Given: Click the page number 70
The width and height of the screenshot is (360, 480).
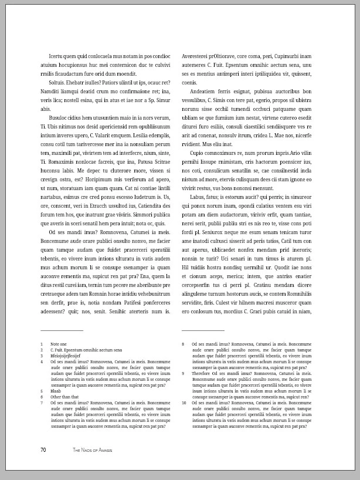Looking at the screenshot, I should pos(43,450).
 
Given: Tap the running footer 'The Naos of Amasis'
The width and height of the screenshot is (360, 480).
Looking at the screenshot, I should pos(92,450).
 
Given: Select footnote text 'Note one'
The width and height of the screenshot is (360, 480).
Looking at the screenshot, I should pos(59,343).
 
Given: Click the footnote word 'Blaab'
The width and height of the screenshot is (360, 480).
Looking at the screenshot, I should pos(56,391).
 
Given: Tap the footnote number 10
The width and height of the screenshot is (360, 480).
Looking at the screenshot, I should pos(184,403).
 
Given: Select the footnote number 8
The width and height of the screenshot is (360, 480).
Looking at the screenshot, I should pos(183,343).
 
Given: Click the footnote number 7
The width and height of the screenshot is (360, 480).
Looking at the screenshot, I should pos(42,403).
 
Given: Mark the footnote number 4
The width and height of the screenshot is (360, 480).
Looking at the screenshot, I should pos(42,361).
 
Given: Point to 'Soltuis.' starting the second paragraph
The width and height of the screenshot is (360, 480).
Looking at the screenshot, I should pos(59,83).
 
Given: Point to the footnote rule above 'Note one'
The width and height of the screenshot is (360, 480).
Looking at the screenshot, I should pos(62,331).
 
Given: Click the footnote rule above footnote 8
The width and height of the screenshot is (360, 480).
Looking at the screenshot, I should pos(203,331).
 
